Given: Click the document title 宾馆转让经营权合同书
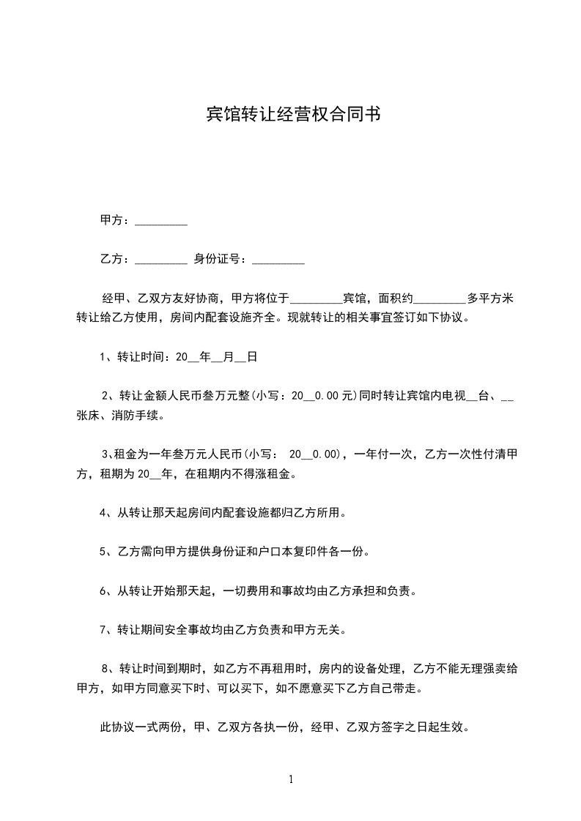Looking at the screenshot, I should pyautogui.click(x=292, y=115).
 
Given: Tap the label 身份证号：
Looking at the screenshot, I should pyautogui.click(x=221, y=259).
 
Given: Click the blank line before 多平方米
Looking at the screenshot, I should pyautogui.click(x=440, y=299).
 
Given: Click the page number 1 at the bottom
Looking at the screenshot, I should pyautogui.click(x=291, y=779).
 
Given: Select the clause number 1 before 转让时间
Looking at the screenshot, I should pyautogui.click(x=103, y=357).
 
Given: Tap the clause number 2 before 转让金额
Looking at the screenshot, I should pyautogui.click(x=106, y=396).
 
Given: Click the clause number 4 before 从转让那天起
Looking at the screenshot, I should pyautogui.click(x=103, y=513).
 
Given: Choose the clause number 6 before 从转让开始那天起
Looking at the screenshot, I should pyautogui.click(x=103, y=591).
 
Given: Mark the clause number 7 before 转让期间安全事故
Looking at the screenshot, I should pyautogui.click(x=103, y=629).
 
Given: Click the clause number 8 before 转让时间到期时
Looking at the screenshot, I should pyautogui.click(x=106, y=668).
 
